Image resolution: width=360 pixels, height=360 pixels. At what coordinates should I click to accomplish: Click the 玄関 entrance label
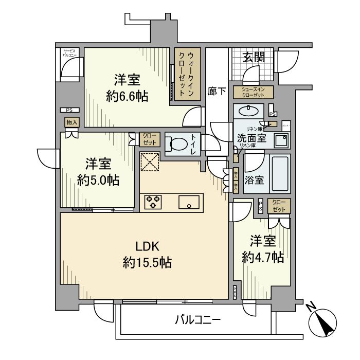coord(254,57)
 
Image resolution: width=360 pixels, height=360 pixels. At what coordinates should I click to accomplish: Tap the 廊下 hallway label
coord(217,91)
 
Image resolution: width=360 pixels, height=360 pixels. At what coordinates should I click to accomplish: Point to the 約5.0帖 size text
coord(99,180)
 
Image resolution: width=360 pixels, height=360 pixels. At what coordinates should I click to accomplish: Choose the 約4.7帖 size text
coord(263,257)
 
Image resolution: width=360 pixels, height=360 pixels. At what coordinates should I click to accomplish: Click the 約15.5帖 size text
coord(147,263)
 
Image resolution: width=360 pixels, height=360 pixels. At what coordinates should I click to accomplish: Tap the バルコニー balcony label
coord(197,320)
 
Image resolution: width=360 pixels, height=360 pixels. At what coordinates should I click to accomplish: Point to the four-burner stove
coord(153,201)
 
